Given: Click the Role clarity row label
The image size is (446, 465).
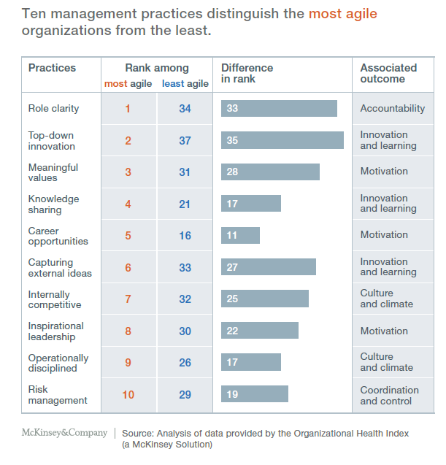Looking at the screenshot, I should (x=53, y=109).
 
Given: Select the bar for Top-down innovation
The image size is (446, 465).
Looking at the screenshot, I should (x=282, y=140).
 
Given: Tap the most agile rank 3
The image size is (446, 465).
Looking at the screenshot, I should (x=128, y=172).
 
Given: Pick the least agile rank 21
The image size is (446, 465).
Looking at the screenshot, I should (x=185, y=204).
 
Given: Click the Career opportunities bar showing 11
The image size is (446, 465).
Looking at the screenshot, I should (x=240, y=236).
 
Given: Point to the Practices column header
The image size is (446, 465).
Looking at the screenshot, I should (x=52, y=68).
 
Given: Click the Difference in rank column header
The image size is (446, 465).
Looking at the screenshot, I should (x=247, y=73).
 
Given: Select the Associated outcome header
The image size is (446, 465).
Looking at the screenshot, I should (x=388, y=73).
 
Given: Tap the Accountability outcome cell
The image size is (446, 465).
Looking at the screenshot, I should (x=392, y=109).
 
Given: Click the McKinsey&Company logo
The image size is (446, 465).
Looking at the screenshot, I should (x=64, y=434).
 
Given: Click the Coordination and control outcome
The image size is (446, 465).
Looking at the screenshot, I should (x=389, y=395).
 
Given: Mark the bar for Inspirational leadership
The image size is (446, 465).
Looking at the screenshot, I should (x=259, y=331).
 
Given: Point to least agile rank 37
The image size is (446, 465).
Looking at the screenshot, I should (x=185, y=141).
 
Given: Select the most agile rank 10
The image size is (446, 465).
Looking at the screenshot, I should (x=128, y=395).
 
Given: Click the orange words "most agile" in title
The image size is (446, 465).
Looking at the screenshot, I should (x=342, y=14).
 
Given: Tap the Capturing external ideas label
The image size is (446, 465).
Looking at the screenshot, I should (x=60, y=268).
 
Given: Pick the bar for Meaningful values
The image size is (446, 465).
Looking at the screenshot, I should (x=270, y=172).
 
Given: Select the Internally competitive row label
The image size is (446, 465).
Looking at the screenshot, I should (x=55, y=299).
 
